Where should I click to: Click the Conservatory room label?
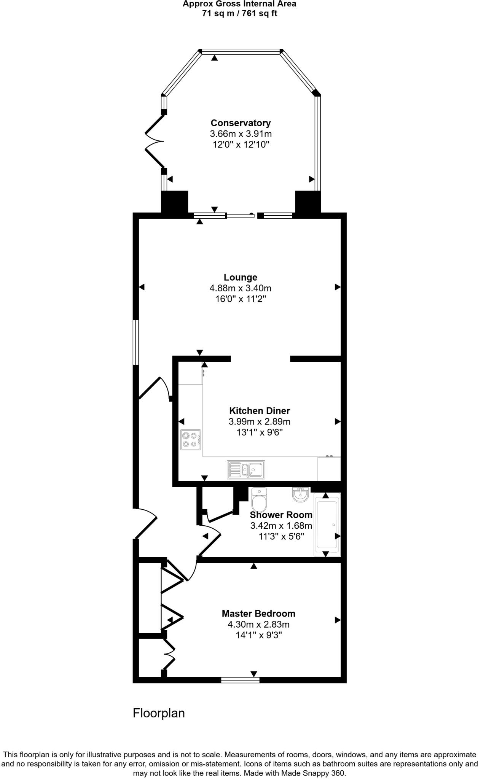click(x=241, y=123)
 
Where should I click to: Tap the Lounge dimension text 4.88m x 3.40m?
click(x=241, y=288)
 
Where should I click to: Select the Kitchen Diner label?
click(x=260, y=411)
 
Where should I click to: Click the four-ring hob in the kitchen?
click(x=191, y=440)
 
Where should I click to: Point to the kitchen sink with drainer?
click(x=246, y=470)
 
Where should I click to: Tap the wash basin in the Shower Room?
click(x=301, y=494)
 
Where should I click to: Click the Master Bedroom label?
click(x=258, y=614)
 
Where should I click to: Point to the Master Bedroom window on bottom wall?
click(x=240, y=680)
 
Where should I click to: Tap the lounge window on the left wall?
click(x=135, y=342)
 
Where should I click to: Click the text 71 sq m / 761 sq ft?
click(x=239, y=14)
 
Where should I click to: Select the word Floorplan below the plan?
click(x=159, y=713)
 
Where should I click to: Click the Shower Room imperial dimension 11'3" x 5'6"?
click(x=281, y=536)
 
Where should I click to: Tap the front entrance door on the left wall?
click(x=146, y=523)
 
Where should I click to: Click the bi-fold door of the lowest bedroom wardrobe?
click(x=169, y=654)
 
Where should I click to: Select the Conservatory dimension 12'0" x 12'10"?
click(x=241, y=145)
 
